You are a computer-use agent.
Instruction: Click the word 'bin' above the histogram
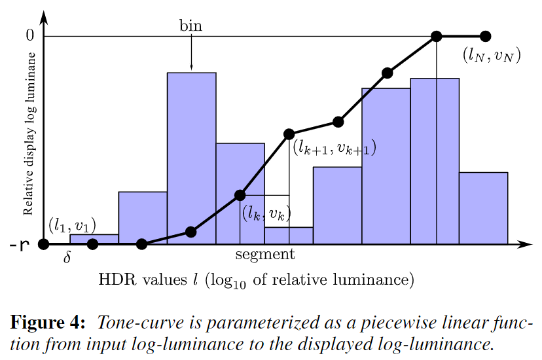(191, 26)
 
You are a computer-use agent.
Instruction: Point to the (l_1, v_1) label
(72, 226)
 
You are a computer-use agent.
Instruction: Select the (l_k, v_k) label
(266, 213)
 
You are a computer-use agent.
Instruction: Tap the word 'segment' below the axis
(265, 254)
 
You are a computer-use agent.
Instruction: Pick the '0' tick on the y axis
(29, 35)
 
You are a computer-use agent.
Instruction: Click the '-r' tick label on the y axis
(20, 245)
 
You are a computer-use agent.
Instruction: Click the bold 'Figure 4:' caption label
(48, 323)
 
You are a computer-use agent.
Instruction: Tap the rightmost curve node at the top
(485, 36)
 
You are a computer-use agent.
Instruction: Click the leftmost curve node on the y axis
(44, 245)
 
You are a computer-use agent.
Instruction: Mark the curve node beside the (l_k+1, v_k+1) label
(289, 134)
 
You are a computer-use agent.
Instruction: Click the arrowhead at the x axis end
(526, 245)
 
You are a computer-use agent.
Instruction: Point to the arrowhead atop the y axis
(44, 14)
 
